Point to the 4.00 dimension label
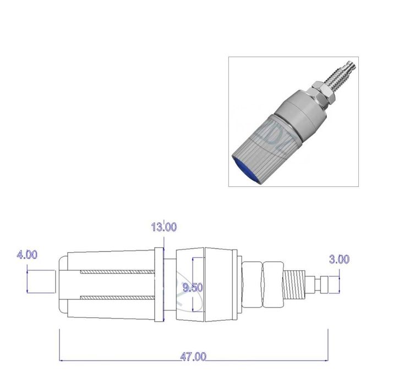27,254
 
